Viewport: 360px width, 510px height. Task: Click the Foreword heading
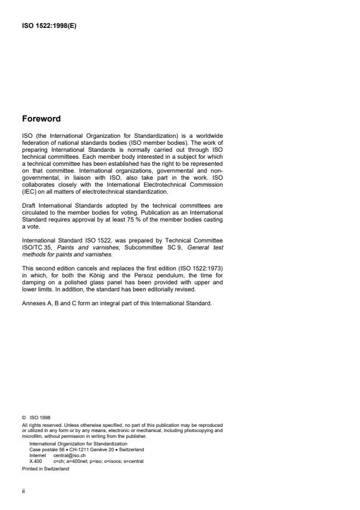[41, 119]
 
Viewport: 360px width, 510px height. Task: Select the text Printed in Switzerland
[45, 468]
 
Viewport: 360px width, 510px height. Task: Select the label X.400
[35, 461]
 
